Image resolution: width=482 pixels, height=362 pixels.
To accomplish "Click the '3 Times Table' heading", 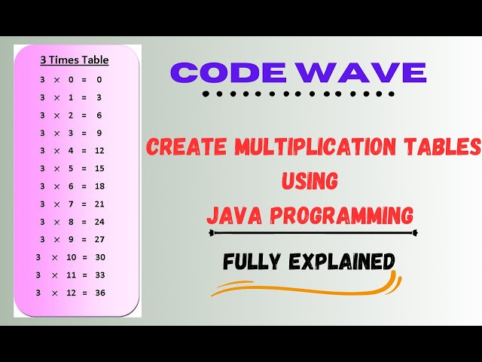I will [x=73, y=60].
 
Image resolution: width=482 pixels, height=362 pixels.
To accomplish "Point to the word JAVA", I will [x=231, y=215].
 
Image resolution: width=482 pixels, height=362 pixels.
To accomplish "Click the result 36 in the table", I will [x=99, y=292].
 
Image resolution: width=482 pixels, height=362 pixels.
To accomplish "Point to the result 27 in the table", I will [x=99, y=239].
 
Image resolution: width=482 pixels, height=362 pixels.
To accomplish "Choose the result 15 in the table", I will [x=99, y=168].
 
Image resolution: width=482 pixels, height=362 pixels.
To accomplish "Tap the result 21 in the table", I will [x=99, y=204].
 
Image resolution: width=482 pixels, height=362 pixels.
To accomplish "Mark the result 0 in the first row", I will [x=99, y=79].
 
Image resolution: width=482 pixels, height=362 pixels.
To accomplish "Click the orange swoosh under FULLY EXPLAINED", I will [x=301, y=284].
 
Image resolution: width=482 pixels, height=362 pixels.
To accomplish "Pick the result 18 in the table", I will [x=99, y=186].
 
